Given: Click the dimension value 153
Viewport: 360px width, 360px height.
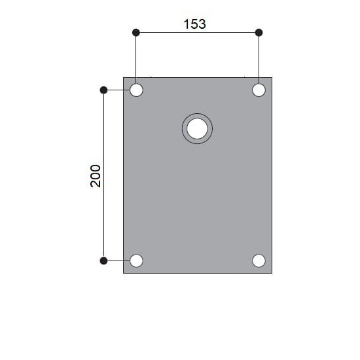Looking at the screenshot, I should coord(194,24).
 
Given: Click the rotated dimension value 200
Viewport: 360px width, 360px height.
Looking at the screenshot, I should coord(96,175).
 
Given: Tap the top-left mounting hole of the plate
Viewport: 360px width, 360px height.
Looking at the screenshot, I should coord(136,90).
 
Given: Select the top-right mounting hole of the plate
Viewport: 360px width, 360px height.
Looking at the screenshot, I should coord(259,90).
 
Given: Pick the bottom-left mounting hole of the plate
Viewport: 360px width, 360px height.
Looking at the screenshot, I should coord(136,261).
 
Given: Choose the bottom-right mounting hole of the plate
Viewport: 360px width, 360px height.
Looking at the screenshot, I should coord(259,261).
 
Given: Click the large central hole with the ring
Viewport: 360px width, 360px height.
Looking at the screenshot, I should coord(197,128).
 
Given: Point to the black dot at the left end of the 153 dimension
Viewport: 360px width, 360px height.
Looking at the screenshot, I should coord(136,32).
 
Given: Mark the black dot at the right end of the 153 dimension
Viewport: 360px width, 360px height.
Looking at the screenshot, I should coord(259,32).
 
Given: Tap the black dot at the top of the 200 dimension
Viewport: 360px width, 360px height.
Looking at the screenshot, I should coord(103,90).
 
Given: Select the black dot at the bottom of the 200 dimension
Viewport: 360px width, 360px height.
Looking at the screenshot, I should coord(103,261).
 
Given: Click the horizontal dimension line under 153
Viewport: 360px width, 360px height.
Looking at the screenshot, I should coord(196,32).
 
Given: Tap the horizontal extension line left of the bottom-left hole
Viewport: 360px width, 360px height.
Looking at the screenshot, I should coord(117,261).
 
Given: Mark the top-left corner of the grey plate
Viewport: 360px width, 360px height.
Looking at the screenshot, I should coord(124,78).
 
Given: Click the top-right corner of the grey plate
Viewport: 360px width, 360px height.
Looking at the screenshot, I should coord(272,78).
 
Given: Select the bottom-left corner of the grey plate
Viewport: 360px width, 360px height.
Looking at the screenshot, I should coord(124,272).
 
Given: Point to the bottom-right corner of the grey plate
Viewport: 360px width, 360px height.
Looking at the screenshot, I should coord(272,272).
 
